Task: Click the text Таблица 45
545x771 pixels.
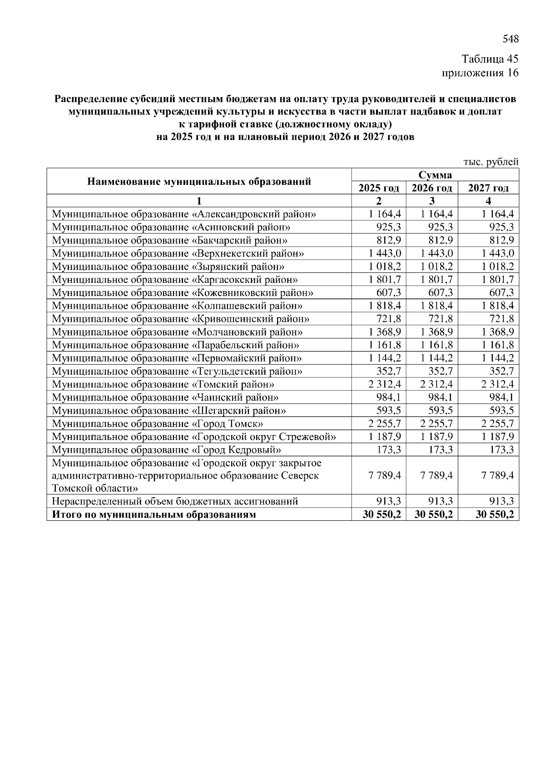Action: coord(490,59)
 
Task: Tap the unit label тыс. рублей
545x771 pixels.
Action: coord(490,162)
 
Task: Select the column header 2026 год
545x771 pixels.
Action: coord(432,188)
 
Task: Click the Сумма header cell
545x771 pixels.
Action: coord(435,175)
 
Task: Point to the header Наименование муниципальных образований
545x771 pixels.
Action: coord(199,182)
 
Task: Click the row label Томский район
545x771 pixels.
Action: coord(163,385)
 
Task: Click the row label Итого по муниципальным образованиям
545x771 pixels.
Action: coord(154,515)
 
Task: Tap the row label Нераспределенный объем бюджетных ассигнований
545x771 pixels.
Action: coord(175,502)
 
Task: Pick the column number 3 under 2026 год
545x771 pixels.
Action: coord(432,201)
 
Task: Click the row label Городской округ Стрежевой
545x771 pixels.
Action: coord(194,437)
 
